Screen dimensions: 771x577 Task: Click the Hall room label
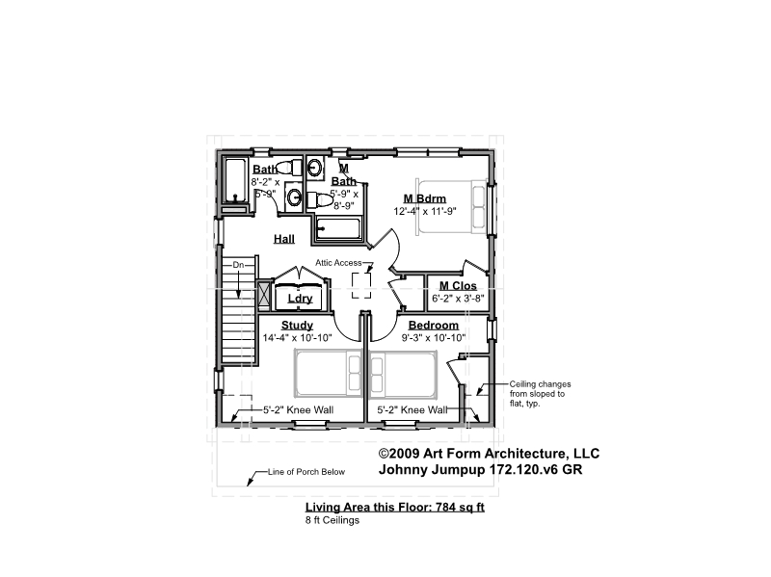(284, 239)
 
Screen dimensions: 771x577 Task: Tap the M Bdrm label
(425, 198)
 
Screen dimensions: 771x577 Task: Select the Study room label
(297, 326)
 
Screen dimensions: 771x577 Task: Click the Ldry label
(300, 299)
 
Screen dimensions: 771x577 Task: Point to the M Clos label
(458, 285)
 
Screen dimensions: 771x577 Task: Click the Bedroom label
(433, 326)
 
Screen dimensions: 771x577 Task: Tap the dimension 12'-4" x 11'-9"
(425, 211)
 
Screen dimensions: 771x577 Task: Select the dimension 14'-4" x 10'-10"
(297, 338)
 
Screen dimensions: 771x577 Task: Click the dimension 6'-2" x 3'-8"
(458, 298)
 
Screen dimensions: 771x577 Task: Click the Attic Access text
(338, 263)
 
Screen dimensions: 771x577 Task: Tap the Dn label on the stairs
(238, 265)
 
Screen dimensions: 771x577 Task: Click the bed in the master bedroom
(452, 206)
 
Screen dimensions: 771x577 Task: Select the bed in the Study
(328, 373)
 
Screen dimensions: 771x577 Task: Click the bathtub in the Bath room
(235, 180)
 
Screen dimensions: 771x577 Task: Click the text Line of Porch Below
(306, 472)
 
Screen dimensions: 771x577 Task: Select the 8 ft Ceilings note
(332, 520)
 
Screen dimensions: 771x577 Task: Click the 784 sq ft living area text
(461, 507)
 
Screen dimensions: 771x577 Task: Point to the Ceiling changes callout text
(540, 394)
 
